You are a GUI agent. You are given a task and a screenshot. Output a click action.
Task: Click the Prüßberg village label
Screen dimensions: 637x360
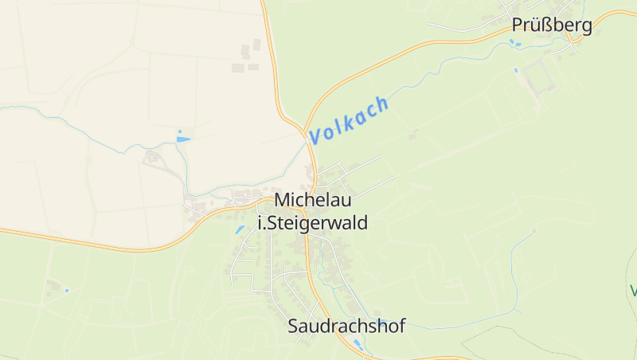(x=553, y=25)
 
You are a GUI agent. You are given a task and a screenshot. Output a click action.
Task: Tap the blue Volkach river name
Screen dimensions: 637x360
(x=350, y=120)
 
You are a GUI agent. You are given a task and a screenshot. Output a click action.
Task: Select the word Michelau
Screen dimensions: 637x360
(x=313, y=201)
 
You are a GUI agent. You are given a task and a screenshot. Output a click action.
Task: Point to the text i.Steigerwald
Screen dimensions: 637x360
(x=313, y=223)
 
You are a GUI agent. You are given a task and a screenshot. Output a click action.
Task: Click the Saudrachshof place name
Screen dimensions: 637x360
(x=346, y=326)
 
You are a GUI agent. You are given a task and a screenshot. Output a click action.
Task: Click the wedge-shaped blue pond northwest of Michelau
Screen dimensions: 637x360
(x=183, y=139)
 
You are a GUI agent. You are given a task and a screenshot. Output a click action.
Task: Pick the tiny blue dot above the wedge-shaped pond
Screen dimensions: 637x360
(x=180, y=131)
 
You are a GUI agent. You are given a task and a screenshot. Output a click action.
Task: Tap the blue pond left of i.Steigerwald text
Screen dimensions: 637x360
(x=240, y=229)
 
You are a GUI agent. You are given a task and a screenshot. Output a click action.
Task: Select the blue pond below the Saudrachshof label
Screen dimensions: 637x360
(x=358, y=345)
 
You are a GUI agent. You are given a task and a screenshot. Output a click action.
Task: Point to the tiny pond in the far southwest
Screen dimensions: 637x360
(x=67, y=290)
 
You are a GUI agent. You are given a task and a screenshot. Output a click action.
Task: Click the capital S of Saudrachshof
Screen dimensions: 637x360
(x=294, y=326)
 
